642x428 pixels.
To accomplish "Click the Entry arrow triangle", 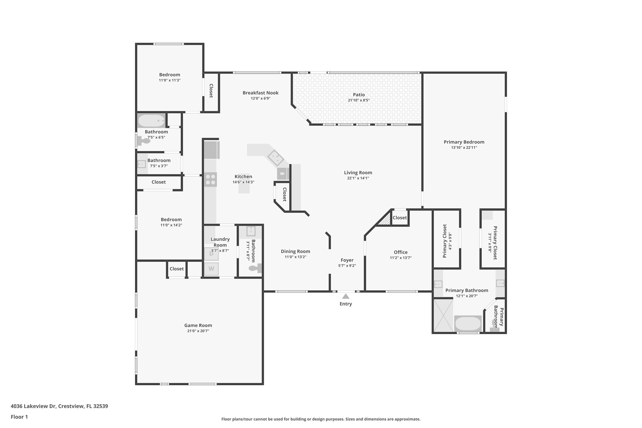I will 346,296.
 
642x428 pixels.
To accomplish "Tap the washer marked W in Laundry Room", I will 211,269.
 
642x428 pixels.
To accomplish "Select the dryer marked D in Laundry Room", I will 211,254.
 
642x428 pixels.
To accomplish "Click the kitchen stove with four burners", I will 210,179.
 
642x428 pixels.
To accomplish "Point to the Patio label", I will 358,95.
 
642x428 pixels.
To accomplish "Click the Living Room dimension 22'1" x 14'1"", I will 358,178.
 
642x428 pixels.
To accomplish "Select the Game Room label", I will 198,325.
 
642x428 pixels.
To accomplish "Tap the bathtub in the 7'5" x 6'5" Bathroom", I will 151,120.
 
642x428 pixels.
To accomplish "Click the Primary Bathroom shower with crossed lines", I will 443,315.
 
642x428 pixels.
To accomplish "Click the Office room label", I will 400,252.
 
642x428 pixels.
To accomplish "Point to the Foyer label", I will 347,260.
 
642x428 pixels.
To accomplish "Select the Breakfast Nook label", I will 260,93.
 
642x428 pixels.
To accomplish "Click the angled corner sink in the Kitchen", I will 275,158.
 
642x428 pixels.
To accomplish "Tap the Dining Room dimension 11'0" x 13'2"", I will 295,257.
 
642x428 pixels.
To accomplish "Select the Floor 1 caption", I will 19,417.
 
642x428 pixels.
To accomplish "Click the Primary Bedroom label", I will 464,142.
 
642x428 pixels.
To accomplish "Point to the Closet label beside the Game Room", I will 177,269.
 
